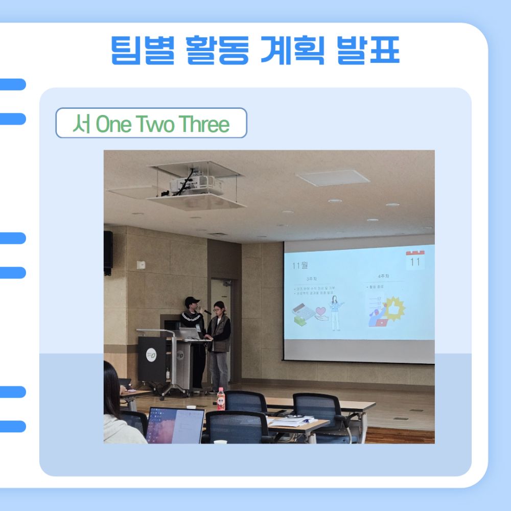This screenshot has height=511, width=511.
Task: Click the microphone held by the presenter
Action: tap(206, 312)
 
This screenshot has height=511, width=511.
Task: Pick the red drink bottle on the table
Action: tap(221, 399)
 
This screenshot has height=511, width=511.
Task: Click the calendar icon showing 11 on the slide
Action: tap(415, 260)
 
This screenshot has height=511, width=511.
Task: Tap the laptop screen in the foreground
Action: tap(175, 425)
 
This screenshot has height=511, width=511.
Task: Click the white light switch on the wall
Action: tap(142, 265)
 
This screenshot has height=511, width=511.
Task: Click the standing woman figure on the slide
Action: tap(335, 312)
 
